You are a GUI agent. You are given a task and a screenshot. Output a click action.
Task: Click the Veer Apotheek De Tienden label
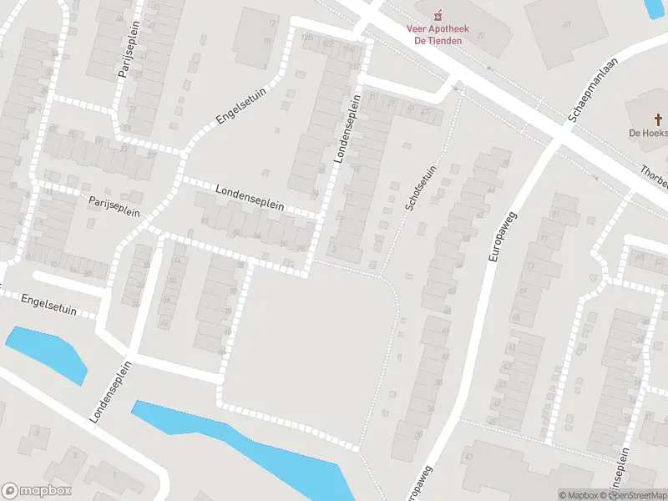click(438, 34)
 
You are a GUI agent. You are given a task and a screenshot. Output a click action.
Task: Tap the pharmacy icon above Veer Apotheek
click(438, 14)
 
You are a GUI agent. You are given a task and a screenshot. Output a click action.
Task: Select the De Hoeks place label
click(648, 133)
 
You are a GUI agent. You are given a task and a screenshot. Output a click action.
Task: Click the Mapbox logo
click(37, 491)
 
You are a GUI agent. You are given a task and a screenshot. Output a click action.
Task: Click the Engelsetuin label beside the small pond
click(48, 305)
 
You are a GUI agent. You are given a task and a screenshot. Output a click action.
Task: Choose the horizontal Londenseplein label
click(250, 198)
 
